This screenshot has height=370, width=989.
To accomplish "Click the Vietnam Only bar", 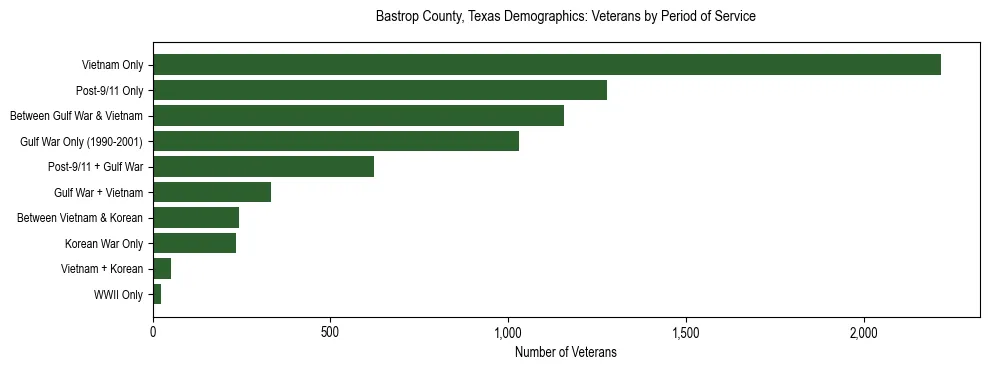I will click(x=547, y=65).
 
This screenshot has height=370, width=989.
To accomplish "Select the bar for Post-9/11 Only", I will click(x=380, y=90).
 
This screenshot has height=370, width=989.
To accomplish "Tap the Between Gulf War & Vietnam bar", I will click(x=358, y=116).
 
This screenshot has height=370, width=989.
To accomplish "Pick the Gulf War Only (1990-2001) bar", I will click(x=336, y=141).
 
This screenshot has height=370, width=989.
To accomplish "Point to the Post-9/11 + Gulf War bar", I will click(x=263, y=167).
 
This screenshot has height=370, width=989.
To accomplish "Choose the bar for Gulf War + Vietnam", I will click(x=212, y=192).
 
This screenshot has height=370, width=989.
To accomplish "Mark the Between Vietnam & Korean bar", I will click(x=196, y=218).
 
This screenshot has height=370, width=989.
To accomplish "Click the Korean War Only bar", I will click(x=194, y=243).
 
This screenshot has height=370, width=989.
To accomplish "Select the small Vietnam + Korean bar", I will click(x=162, y=269).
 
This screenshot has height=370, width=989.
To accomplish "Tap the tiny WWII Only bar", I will click(x=157, y=294).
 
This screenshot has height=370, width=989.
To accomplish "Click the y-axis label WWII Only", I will click(x=118, y=295).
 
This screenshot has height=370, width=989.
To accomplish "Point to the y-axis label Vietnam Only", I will click(x=112, y=66).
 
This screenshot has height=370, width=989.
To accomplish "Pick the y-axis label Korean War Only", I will click(x=104, y=244).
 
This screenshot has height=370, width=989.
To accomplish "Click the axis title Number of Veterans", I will click(x=565, y=353).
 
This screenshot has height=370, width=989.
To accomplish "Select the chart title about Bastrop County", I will click(x=565, y=17).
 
